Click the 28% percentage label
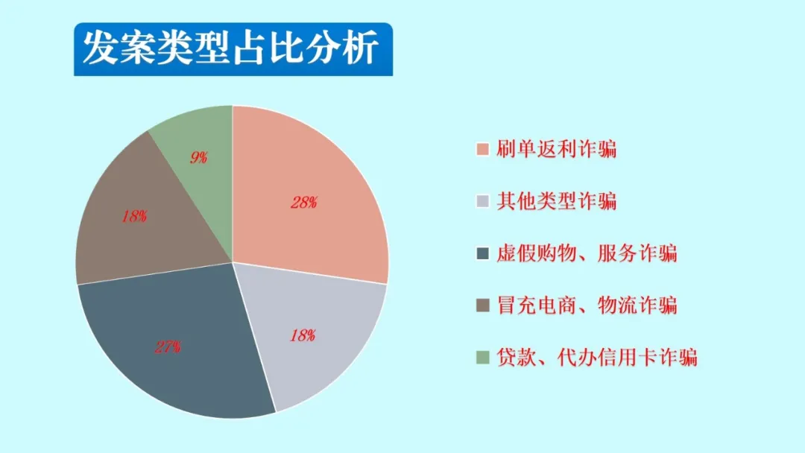tap(304, 203)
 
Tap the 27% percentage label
tap(168, 347)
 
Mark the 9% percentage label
tap(199, 157)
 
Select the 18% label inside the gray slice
tap(303, 335)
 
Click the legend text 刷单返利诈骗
tap(556, 149)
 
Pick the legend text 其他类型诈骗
tap(556, 201)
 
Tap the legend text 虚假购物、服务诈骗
tap(587, 253)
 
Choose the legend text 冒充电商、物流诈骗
tap(587, 305)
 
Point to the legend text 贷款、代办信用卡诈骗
tap(596, 358)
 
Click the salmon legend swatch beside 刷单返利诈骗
tap(482, 149)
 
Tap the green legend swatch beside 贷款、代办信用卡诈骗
tap(482, 358)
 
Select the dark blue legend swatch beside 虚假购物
tap(482, 253)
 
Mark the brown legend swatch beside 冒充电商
tap(482, 305)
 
